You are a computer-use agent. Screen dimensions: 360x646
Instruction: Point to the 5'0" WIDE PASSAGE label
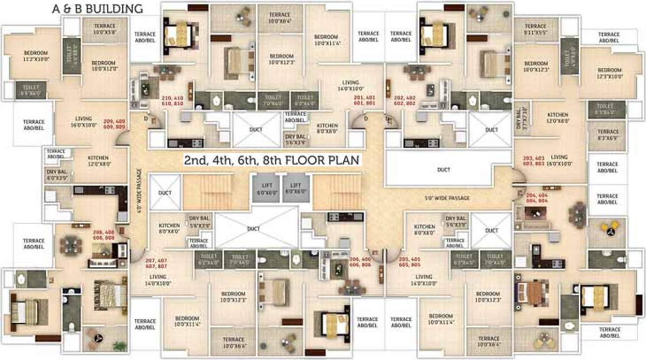446,198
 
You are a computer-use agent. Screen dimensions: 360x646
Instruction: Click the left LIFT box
267,188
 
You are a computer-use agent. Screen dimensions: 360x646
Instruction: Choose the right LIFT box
296,188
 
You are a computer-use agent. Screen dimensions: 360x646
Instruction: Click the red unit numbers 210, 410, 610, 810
173,101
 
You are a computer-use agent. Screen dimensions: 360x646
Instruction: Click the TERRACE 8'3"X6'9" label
608,135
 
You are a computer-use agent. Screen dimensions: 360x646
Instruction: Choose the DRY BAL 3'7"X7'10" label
521,115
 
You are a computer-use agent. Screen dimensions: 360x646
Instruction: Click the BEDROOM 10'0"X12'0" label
103,66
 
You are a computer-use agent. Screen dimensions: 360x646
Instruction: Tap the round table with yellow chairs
610,228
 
